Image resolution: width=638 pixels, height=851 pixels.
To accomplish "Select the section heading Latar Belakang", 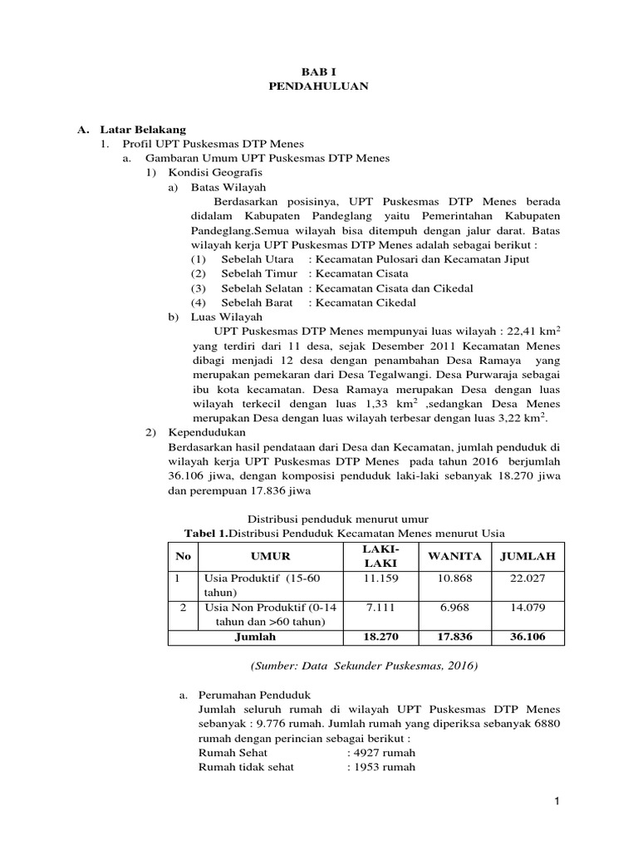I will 143,130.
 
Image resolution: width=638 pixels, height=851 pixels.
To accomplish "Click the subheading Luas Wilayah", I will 226,317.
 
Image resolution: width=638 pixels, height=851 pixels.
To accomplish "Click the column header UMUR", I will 271,555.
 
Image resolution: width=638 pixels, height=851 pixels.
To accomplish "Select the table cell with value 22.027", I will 528,578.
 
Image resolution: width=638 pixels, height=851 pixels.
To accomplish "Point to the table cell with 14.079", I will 528,608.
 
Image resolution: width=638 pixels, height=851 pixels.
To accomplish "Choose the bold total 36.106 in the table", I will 528,637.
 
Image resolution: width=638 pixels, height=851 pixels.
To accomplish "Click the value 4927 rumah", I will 383,752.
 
